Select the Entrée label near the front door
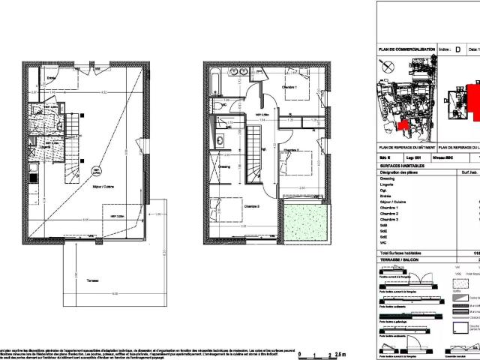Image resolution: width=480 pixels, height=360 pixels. (52, 76)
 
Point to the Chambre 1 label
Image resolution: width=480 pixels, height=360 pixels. (289, 88)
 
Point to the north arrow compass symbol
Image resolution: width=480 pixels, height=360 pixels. (385, 66)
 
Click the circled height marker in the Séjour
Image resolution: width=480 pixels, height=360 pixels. (96, 172)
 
